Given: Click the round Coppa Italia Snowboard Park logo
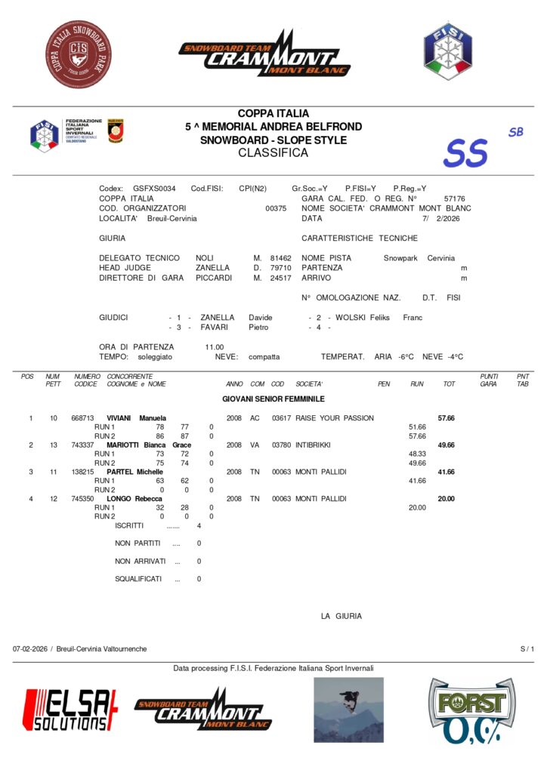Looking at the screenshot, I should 79,54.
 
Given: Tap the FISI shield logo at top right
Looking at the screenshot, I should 447,51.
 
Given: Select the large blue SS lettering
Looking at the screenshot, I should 465,152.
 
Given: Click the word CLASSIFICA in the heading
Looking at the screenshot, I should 273,153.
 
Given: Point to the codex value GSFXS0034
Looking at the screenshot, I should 154,188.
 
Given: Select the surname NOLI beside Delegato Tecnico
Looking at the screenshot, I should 205,258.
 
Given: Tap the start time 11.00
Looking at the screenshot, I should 214,346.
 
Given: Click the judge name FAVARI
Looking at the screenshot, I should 215,328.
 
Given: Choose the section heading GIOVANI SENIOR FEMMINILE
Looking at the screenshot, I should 273,398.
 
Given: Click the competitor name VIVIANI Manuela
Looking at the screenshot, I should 137,417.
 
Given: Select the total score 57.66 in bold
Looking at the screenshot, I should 447,417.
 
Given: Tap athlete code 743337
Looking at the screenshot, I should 82,445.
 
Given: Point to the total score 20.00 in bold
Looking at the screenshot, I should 447,498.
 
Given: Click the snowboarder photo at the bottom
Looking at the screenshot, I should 348,710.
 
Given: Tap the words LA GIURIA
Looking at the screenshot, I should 341,616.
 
